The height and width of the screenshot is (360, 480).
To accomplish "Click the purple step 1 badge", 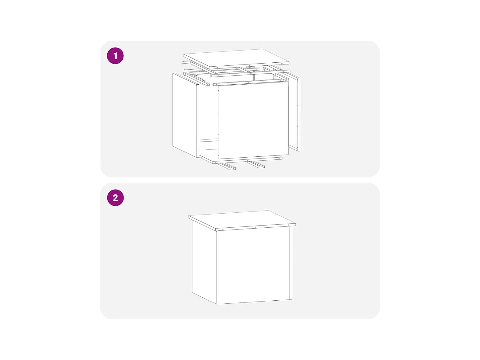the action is click(115, 56).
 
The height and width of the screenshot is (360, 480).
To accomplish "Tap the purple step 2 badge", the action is click(115, 198).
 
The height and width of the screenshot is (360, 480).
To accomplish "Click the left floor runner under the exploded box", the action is click(227, 166).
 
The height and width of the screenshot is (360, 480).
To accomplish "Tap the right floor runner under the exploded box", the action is click(256, 164).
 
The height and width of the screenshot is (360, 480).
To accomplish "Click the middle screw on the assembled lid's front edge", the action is click(256, 227).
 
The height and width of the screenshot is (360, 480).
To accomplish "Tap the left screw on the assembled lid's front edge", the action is click(223, 229).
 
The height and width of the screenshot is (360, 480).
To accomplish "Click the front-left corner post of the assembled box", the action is click(217, 267).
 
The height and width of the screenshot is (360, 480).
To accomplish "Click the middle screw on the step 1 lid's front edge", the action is click(249, 66).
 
